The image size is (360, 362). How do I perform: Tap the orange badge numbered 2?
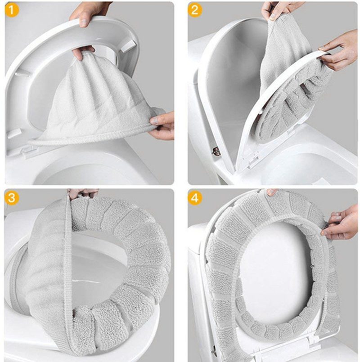pos(194,10)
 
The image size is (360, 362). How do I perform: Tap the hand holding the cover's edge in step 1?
pos(163,126)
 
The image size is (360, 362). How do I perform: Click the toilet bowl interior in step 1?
pos(90,171)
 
